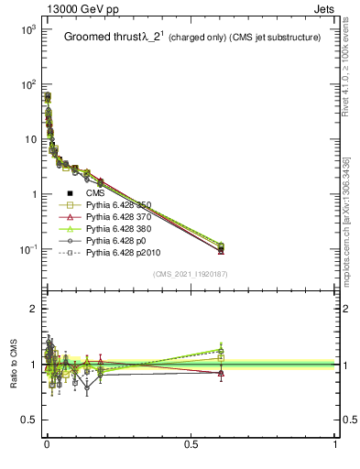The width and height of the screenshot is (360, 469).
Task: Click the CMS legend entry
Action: coord(95,193)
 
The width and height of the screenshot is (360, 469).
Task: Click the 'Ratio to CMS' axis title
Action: coord(13,364)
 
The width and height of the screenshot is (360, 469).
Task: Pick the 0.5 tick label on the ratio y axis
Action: coord(27,420)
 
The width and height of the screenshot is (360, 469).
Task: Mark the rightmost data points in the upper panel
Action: coord(221,247)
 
